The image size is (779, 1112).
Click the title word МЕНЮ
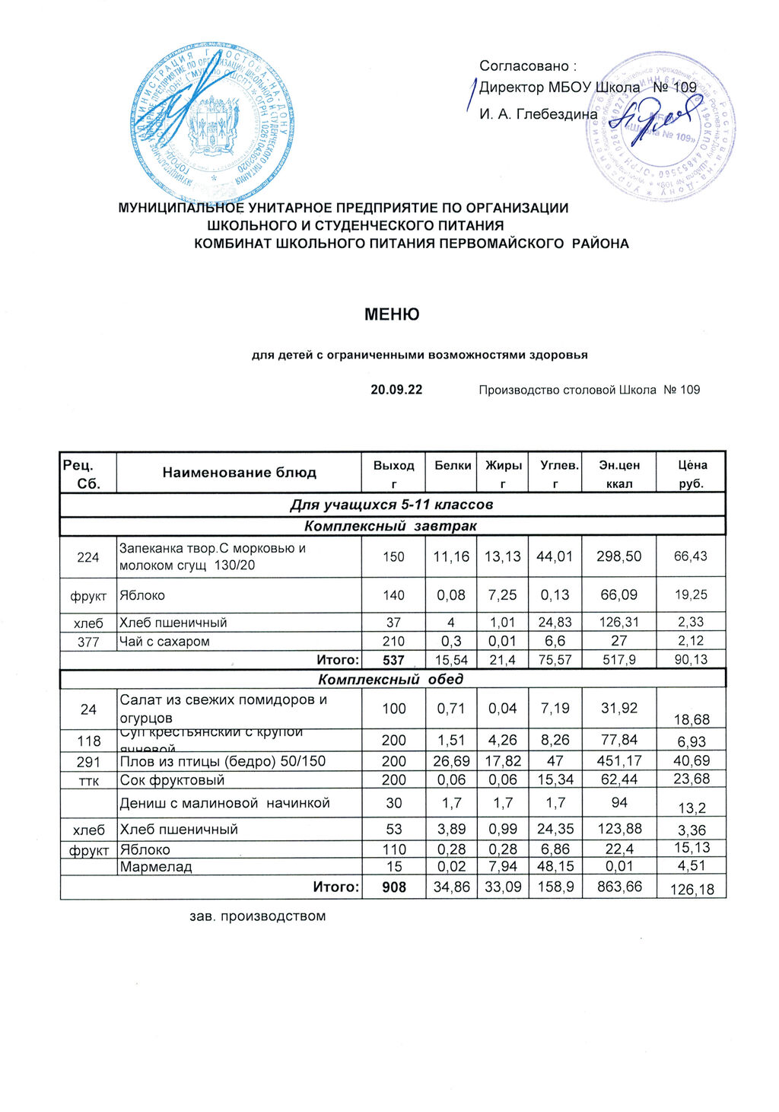click(392, 314)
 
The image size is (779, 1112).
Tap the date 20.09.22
click(396, 390)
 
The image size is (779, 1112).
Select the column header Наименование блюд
click(239, 473)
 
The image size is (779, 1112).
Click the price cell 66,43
click(691, 556)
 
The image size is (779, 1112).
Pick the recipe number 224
click(88, 557)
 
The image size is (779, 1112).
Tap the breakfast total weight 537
click(393, 660)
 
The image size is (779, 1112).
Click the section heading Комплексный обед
click(390, 678)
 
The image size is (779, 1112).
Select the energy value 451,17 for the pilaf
click(619, 760)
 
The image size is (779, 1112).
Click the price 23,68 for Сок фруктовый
click(691, 779)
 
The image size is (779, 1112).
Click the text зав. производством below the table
click(257, 916)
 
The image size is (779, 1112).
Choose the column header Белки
click(453, 465)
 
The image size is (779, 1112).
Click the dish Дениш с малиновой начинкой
click(224, 803)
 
